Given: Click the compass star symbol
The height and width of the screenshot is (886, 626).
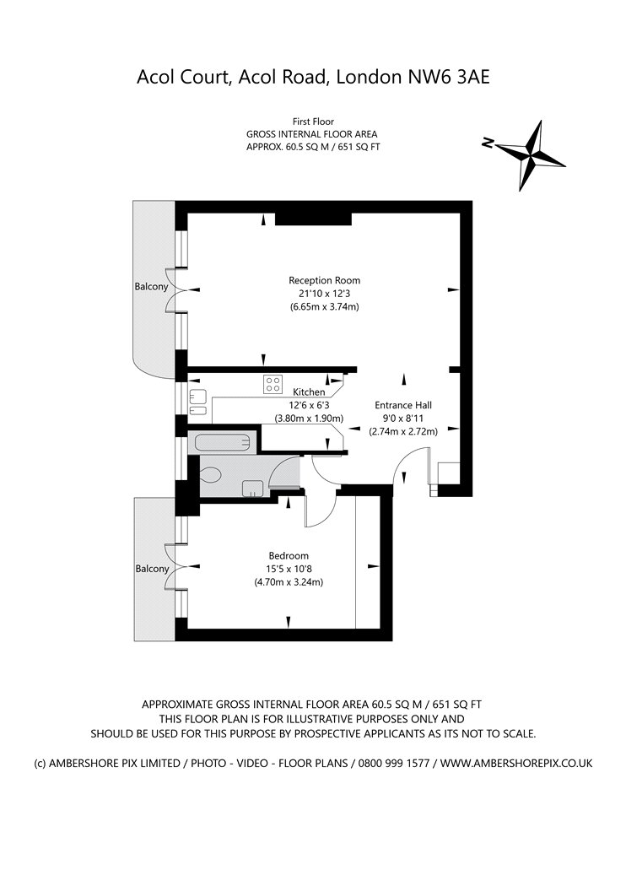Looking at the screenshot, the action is pos(530,154).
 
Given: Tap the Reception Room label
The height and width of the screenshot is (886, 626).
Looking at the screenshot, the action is pos(324,280).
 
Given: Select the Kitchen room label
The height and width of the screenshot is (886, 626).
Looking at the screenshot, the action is pos(309,392).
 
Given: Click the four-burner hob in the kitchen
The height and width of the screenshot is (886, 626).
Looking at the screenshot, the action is pos(273,384).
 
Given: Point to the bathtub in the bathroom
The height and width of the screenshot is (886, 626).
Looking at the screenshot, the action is pos(222,442).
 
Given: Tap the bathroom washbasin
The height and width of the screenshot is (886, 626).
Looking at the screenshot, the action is pos(253,489).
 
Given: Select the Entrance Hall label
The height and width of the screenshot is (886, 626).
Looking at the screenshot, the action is pos(403,405).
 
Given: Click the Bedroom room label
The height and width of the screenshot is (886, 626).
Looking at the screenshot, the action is pos(289,555).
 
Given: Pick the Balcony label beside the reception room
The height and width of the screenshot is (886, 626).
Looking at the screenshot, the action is pos(151,287).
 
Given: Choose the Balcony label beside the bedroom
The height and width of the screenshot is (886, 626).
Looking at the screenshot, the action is pos(152,569).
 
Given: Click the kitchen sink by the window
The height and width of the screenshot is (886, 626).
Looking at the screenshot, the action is pos(197,402).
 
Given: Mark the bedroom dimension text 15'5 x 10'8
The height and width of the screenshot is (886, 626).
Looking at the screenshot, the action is pos(289,569).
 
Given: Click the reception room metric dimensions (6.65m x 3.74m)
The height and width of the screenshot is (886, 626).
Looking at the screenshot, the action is pos(324,307).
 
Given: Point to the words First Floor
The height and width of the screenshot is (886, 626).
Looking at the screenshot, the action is pos(313,122).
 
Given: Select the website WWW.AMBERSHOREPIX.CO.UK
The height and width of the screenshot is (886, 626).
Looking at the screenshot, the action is pos(516,764).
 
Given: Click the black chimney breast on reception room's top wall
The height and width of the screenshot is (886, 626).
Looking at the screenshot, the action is pos(313,219).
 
